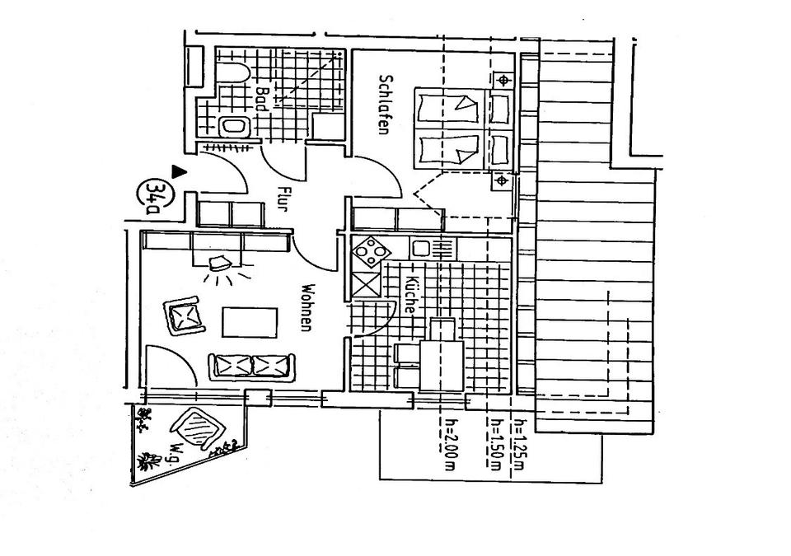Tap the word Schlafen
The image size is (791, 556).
click(383, 105)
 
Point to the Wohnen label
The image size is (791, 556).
click(307, 308)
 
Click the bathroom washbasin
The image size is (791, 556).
click(234, 127)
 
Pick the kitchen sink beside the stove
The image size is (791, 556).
click(432, 248)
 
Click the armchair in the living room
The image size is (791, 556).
click(186, 316)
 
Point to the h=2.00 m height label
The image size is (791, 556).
click(450, 446)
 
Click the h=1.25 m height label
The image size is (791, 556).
click(519, 446)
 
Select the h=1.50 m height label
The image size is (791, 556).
click(495, 446)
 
